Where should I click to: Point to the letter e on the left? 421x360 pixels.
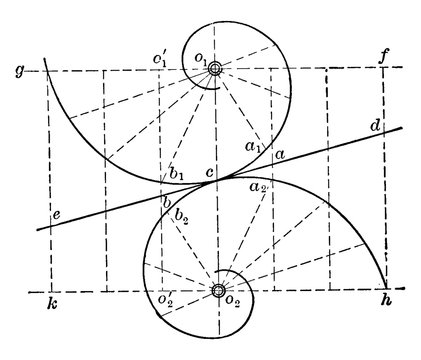(x=56, y=214)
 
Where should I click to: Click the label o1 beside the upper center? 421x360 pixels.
(x=201, y=60)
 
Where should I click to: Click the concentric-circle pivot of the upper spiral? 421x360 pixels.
(x=217, y=68)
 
